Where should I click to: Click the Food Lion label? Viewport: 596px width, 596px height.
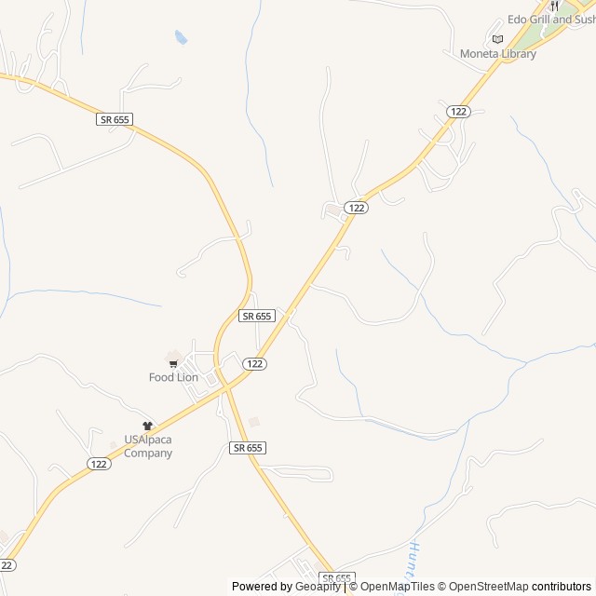click(173, 377)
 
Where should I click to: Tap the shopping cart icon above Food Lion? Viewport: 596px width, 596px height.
click(173, 363)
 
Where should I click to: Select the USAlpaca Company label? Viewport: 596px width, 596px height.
click(148, 446)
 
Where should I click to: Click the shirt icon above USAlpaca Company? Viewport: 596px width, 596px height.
click(147, 426)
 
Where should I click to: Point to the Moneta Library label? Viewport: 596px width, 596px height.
click(497, 53)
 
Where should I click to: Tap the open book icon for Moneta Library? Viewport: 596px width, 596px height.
click(497, 38)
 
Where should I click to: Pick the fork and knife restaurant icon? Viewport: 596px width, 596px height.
click(555, 6)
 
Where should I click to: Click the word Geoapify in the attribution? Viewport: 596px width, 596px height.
click(318, 587)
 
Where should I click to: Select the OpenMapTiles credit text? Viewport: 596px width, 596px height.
click(397, 587)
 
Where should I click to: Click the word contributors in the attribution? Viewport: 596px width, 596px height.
click(562, 587)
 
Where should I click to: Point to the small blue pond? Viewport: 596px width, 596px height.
click(181, 37)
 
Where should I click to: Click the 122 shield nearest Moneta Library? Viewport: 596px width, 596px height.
click(457, 111)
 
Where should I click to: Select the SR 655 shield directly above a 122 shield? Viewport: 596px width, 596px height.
click(256, 316)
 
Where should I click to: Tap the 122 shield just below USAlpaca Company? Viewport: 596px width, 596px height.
click(100, 464)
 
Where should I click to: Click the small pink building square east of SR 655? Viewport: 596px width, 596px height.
click(253, 422)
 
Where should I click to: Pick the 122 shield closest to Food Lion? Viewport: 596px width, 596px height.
click(255, 363)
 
